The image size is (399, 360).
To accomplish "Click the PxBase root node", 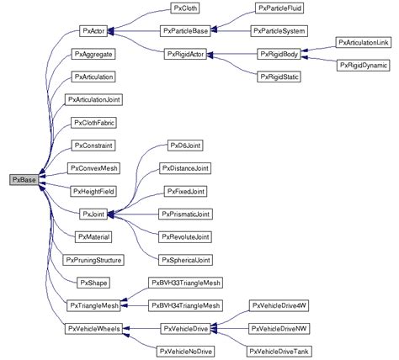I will pos(23,179).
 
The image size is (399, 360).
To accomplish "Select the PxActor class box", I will pos(93,31).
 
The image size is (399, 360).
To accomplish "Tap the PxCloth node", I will pos(184,8).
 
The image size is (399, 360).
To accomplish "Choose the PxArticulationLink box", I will pos(362,41).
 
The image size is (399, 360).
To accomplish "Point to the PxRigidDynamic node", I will pos(362,64).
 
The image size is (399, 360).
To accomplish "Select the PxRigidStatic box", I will pos(279,77).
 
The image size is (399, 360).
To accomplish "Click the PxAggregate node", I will pos(93,54).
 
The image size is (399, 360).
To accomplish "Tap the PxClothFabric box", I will pos(93,123).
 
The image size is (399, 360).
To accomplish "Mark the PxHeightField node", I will pos(93,192).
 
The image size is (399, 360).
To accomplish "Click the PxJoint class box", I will pos(93,215).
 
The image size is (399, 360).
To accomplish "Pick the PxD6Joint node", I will pos(184,146).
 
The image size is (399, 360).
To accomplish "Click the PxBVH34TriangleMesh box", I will pos(184,305).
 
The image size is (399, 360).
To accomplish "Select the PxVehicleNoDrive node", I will pos(184,351).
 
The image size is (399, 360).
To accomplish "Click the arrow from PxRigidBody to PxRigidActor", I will pos(231,54).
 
